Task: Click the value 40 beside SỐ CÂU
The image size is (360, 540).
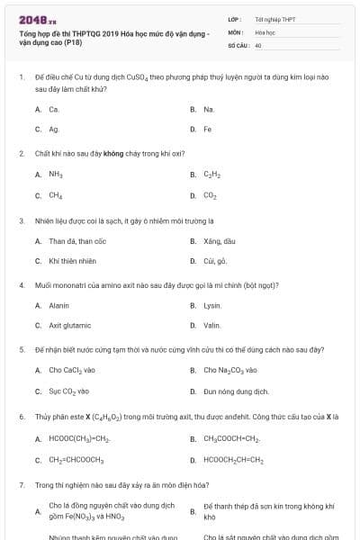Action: (x=258, y=44)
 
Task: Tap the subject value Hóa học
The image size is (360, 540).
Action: (x=265, y=31)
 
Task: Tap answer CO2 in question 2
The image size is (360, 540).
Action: (x=210, y=194)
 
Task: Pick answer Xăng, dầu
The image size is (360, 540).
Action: (x=219, y=240)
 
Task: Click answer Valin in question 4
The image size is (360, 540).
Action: (x=211, y=326)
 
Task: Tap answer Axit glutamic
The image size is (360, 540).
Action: (x=70, y=326)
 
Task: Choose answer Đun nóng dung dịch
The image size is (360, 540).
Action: (x=236, y=391)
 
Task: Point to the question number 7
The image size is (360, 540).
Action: (x=21, y=484)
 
